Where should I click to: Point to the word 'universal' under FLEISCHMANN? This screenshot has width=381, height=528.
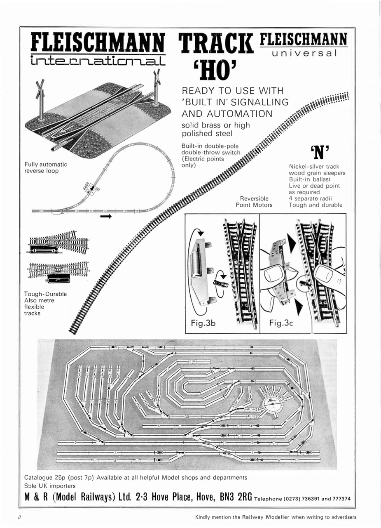point(304,53)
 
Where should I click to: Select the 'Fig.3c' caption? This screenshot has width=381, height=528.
point(281,323)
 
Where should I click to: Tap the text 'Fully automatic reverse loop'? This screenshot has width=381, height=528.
point(46,167)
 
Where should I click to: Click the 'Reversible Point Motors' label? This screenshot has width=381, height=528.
point(254,201)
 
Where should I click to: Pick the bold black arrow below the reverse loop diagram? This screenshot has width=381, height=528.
point(106,216)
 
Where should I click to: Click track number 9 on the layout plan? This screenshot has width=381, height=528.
point(76,442)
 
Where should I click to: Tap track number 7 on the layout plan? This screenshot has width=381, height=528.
point(115,453)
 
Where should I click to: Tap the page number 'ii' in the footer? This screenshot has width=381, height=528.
point(19,517)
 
